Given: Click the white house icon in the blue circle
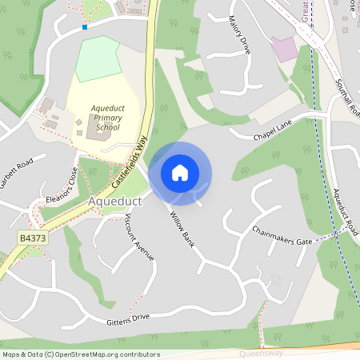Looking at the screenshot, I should tap(180, 172).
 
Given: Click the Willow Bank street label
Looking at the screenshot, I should tap(182, 229).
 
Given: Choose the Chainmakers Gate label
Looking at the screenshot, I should tap(282, 235).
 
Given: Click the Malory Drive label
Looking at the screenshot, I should tap(239, 34).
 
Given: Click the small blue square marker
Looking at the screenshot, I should tap(85, 26).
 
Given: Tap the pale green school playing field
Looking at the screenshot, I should tap(97, 58).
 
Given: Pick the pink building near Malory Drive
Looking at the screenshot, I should tap(284, 49).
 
